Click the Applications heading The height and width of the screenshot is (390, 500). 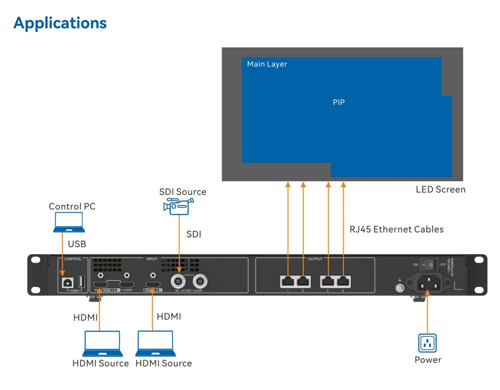click(x=60, y=23)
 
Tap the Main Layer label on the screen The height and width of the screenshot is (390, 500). click(x=267, y=64)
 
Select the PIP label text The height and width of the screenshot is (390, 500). click(x=338, y=102)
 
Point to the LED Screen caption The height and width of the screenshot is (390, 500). click(x=440, y=190)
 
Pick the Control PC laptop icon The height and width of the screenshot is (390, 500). click(x=69, y=223)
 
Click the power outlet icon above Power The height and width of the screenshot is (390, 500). click(x=427, y=343)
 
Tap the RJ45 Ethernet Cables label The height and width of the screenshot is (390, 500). click(x=396, y=230)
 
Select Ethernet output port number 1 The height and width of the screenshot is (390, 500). click(x=288, y=281)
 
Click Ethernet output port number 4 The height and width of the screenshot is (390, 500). click(x=343, y=281)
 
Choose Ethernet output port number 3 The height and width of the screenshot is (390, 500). click(x=328, y=281)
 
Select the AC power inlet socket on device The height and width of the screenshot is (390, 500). click(x=427, y=283)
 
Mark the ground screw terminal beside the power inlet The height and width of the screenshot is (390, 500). click(x=399, y=288)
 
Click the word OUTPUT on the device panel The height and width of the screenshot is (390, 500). click(x=315, y=259)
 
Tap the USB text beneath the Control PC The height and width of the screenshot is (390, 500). click(x=77, y=244)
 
